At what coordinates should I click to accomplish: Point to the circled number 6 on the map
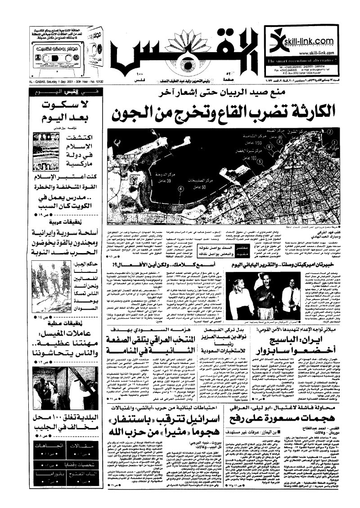click(x=180, y=189)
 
